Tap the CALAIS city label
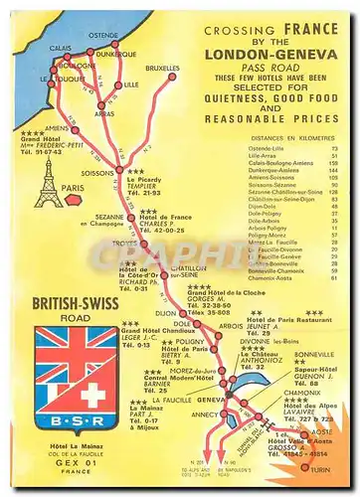pos(62,47)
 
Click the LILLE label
pos(131,85)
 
